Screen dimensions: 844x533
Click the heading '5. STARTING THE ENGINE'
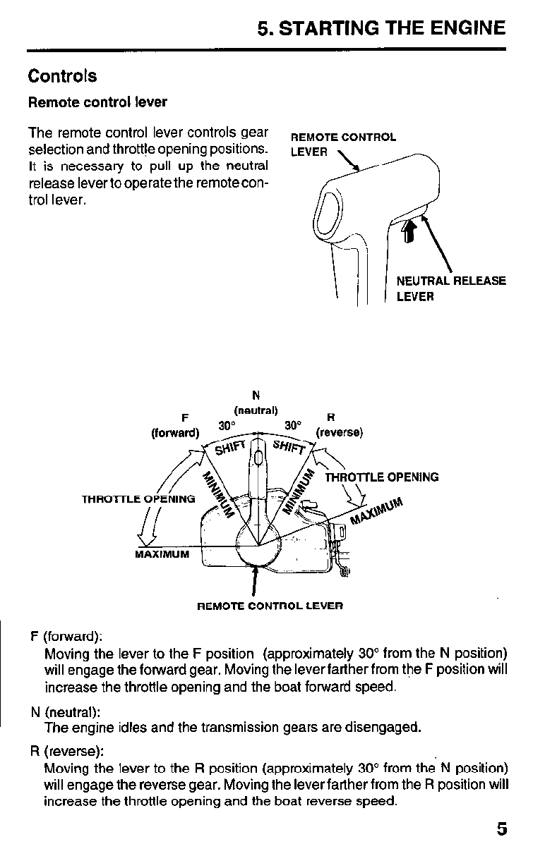[x=381, y=28]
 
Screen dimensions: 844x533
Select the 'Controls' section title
[x=62, y=76]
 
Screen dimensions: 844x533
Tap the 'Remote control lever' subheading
[x=97, y=102]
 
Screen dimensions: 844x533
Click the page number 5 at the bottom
[x=501, y=829]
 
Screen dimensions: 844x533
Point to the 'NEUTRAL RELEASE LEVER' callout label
[x=450, y=288]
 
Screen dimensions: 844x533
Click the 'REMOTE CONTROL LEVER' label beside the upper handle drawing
[x=343, y=144]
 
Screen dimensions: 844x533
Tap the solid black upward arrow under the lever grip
[x=408, y=229]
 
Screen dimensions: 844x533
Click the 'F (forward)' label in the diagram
[x=175, y=425]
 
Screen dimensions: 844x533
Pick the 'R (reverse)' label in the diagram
[x=339, y=425]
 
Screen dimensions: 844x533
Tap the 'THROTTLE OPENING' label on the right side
[x=382, y=477]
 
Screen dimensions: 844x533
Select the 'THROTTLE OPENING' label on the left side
[x=138, y=499]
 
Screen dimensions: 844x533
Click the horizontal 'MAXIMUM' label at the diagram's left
[x=162, y=554]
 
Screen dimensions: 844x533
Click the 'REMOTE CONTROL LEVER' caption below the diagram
[x=269, y=606]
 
